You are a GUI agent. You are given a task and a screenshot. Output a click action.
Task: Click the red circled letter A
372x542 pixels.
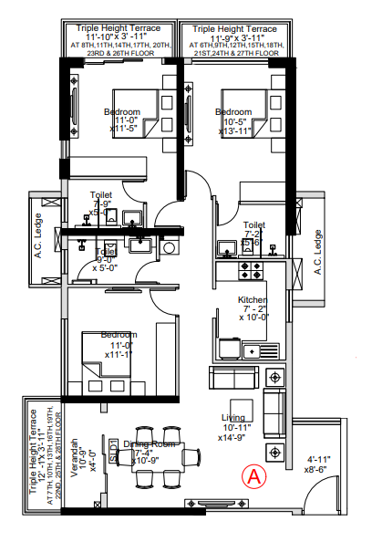click(x=253, y=475)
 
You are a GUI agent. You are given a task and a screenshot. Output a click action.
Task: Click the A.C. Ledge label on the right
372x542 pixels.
click(x=318, y=252)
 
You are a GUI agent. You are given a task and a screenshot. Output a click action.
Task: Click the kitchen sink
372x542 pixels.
click(x=269, y=350)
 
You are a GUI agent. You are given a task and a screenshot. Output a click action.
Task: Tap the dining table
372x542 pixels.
click(x=163, y=453)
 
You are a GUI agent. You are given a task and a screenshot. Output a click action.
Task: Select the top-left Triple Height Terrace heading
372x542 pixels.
click(x=119, y=28)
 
